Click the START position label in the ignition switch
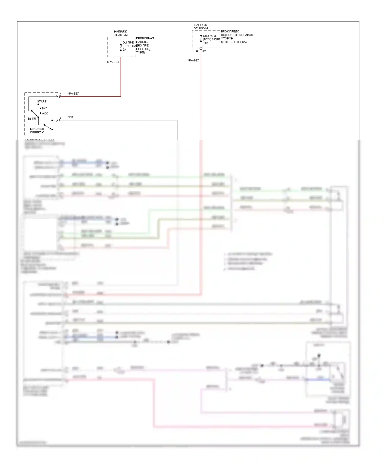point(42,101)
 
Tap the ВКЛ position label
point(44,108)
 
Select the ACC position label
point(45,113)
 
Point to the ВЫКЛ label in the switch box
point(32,119)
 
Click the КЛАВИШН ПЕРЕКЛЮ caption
point(37,131)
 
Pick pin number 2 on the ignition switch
point(61,95)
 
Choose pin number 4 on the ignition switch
point(61,118)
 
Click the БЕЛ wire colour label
point(70,117)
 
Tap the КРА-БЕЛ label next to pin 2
point(73,94)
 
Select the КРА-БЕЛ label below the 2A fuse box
point(113,62)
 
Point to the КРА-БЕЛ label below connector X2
point(193,60)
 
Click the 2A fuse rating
point(124,50)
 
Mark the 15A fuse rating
point(205,43)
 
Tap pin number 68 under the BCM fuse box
point(198,51)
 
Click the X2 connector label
point(204,51)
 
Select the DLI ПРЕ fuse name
point(128,43)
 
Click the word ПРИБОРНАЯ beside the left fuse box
point(145,38)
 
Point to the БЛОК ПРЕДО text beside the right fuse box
point(230,31)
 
